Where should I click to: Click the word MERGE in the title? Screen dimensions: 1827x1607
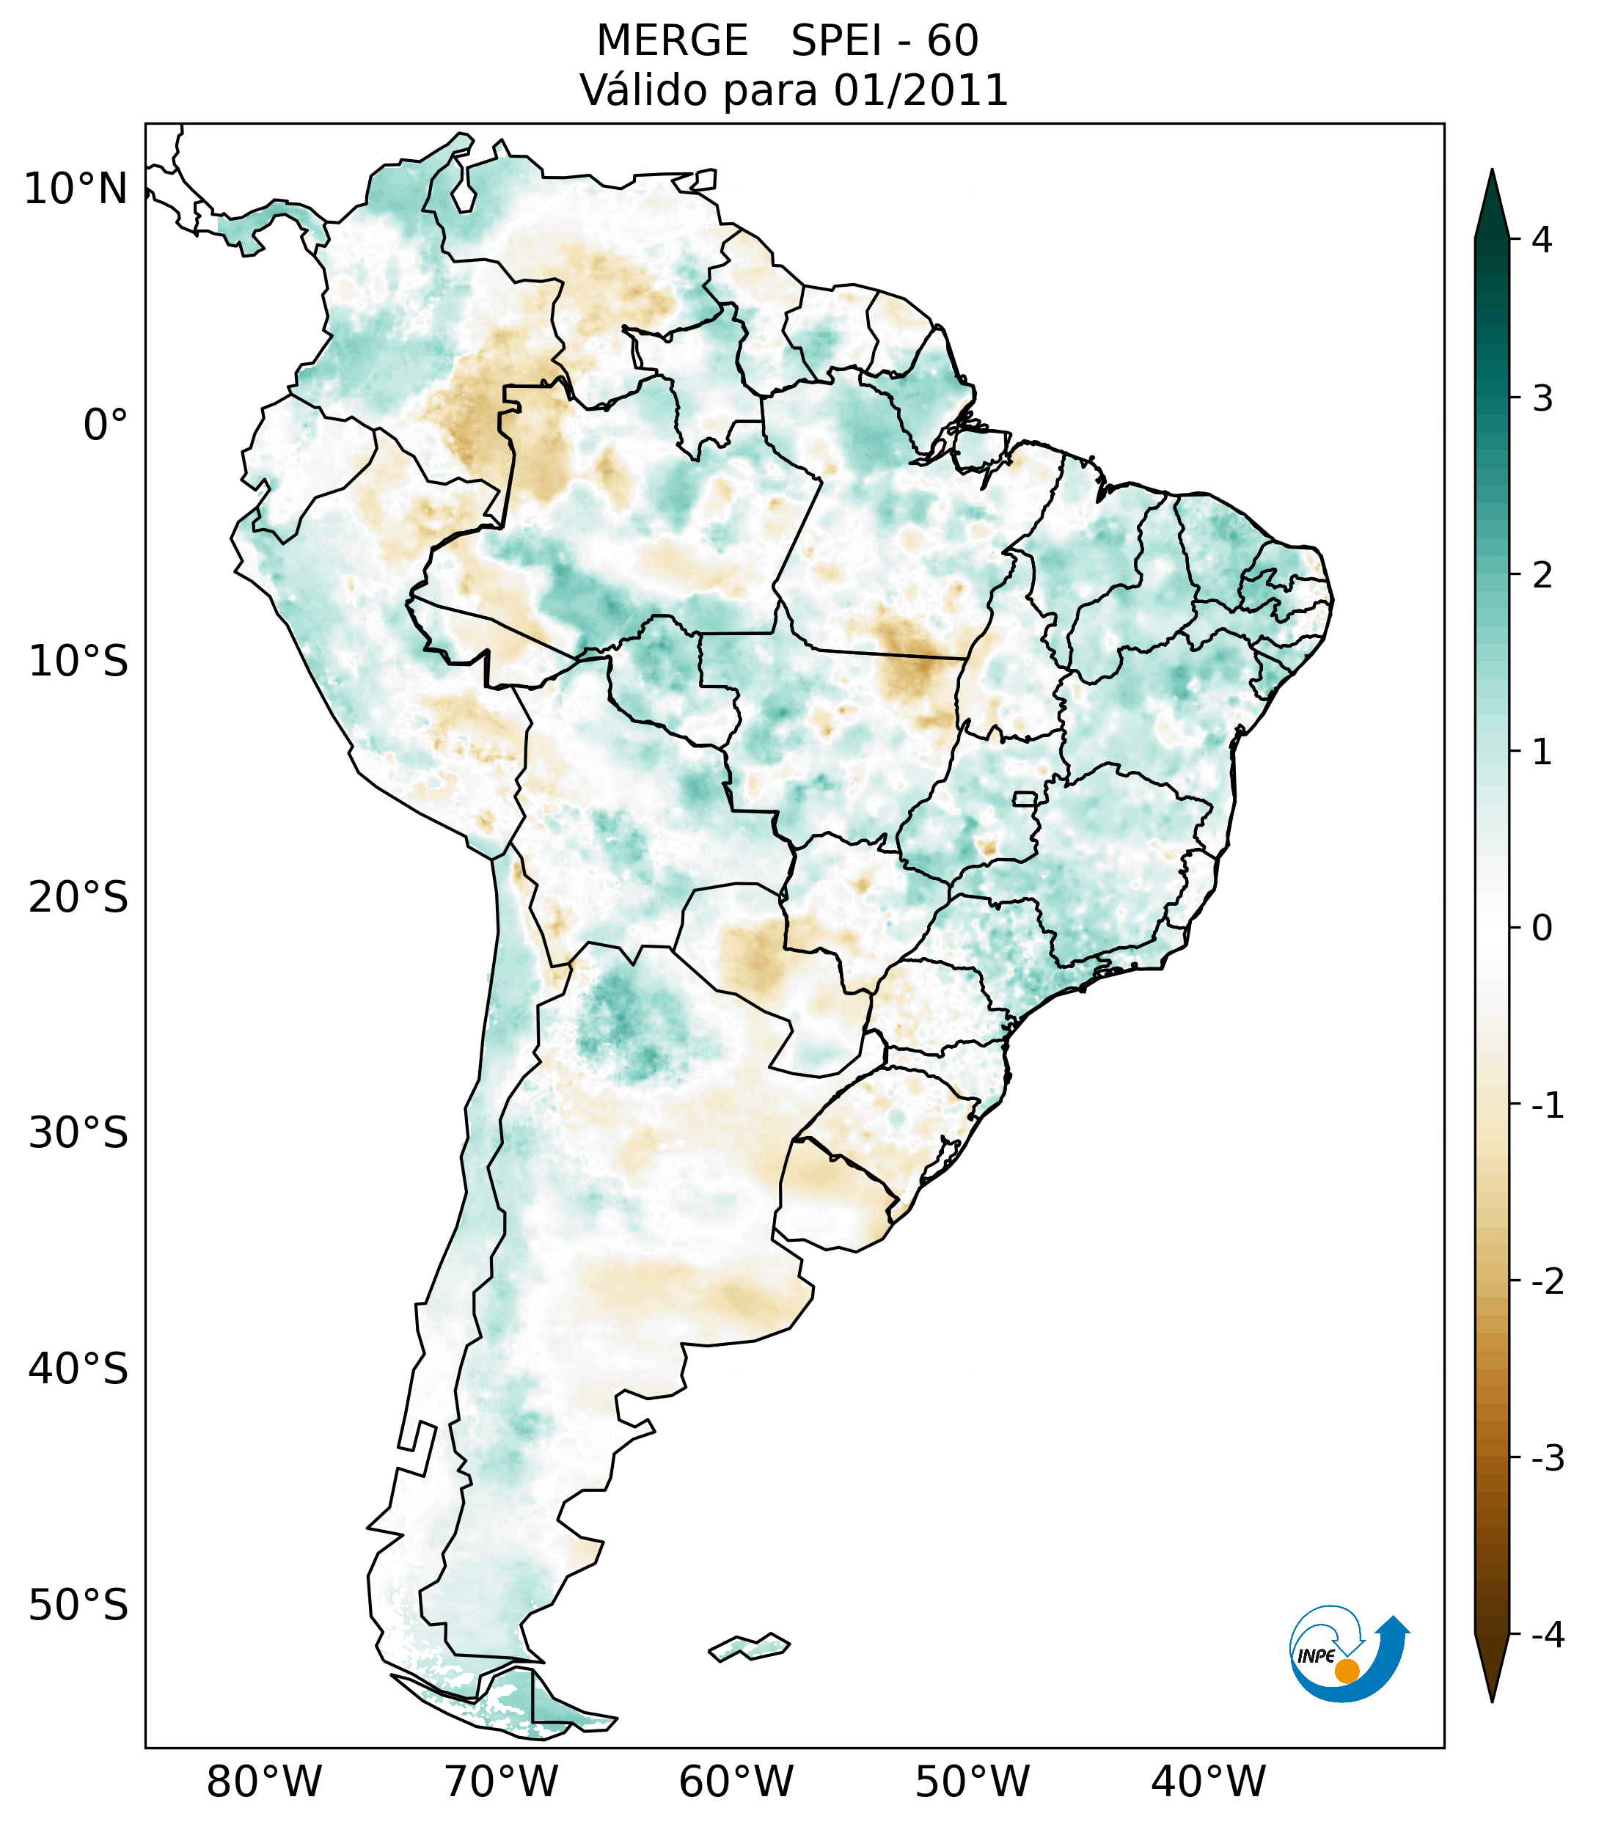coord(671,41)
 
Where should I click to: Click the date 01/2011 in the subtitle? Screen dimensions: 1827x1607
coord(920,90)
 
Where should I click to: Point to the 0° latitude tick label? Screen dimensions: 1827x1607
coord(106,425)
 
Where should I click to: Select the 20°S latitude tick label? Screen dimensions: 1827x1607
coord(78,898)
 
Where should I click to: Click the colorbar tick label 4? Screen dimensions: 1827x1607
coord(1541,240)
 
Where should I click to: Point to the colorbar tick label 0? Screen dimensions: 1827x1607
coord(1541,929)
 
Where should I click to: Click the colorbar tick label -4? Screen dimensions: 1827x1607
coord(1547,1635)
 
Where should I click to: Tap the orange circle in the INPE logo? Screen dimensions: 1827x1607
coord(1346,1671)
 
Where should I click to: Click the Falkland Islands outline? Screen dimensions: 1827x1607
coord(749,1646)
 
